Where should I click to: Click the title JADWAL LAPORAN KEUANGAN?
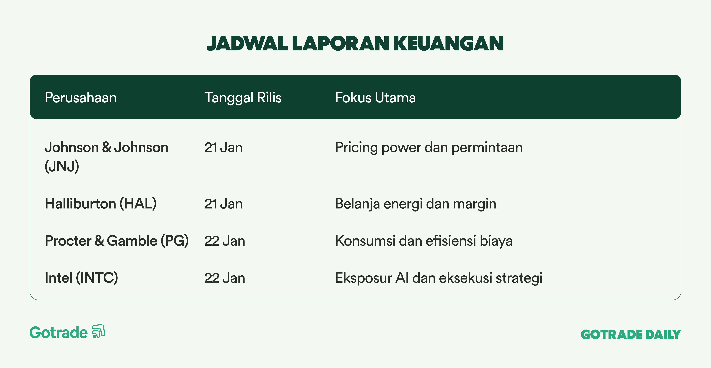355,44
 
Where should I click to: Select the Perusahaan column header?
81,98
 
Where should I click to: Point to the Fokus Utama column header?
375,98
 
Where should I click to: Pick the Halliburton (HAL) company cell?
101,204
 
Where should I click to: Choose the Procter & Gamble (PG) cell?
117,241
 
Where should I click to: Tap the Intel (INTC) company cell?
81,278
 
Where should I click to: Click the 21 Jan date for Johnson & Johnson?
223,147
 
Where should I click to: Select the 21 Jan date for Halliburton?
223,204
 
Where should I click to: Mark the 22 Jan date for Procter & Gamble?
225,241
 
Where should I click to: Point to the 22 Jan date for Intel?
225,278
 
